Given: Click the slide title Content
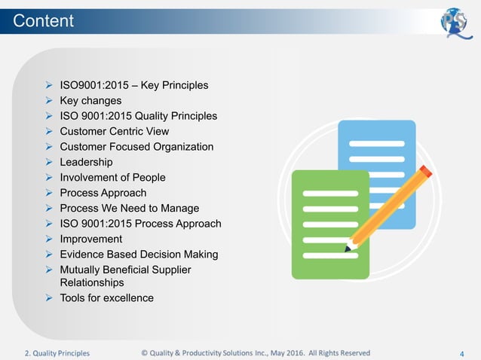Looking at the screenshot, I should point(44,21).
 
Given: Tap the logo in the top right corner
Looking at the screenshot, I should point(456,20).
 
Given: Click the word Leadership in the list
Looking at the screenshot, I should point(86,162).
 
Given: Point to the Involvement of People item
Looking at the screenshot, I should point(112,177).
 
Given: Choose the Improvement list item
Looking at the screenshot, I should point(90,239).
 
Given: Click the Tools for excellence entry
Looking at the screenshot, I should point(106,297).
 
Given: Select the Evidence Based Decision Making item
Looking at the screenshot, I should point(139,254).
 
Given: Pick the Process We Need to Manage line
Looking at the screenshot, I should point(129,208).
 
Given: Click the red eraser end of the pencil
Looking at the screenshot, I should point(426,172).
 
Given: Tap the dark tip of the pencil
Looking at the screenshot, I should point(348,248).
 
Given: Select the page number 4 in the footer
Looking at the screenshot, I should point(461,352).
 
